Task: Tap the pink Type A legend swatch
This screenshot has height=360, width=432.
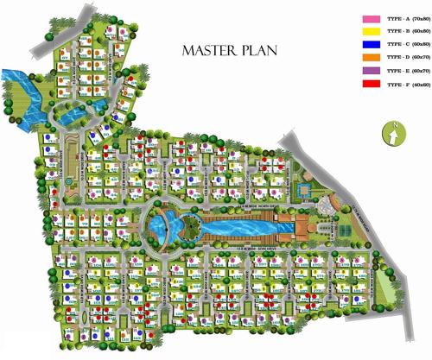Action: (370, 18)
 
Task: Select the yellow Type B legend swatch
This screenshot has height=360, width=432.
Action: (370, 32)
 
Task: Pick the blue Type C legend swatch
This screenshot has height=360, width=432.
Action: (370, 45)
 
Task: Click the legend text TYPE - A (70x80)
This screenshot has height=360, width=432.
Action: (405, 18)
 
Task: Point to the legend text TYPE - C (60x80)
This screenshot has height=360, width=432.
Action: (405, 45)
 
